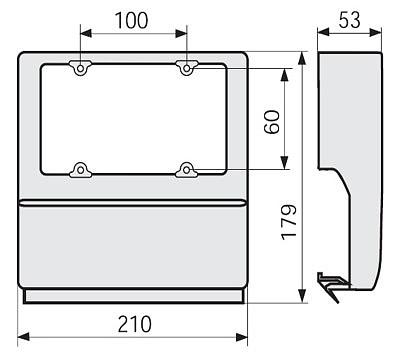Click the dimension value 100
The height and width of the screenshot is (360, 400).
tap(131, 20)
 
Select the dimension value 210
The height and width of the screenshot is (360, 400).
tap(135, 324)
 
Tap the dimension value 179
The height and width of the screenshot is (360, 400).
tap(289, 222)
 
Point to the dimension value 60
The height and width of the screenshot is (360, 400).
tap(272, 122)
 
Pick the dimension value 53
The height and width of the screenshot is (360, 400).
tap(350, 20)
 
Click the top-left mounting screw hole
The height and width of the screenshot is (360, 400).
tap(80, 69)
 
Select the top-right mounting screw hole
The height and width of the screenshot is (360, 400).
tap(187, 69)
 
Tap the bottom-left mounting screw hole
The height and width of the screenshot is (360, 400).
tap(80, 170)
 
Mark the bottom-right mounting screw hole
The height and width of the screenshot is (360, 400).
tap(187, 170)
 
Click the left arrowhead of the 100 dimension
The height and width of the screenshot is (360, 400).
tap(86, 33)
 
